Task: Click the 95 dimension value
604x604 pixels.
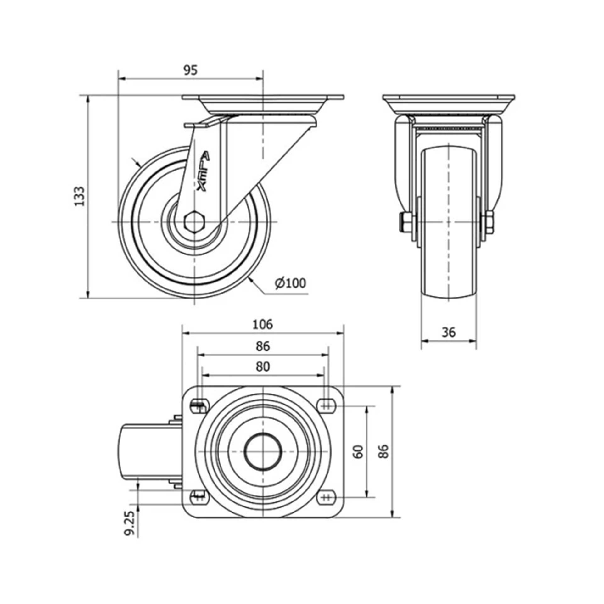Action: coord(191,70)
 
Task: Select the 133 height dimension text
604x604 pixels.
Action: coord(80,196)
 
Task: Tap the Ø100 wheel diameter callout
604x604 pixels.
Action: coord(290,283)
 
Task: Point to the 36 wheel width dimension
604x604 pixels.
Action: coord(448,332)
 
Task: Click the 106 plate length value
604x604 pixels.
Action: coord(263,324)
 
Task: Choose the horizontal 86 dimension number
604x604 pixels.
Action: coord(263,346)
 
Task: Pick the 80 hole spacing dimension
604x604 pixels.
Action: coord(263,367)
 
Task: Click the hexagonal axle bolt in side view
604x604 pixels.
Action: coord(195,222)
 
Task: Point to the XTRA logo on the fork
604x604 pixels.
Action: coord(203,172)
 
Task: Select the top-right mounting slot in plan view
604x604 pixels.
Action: coord(326,405)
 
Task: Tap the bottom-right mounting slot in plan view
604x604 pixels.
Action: coord(326,498)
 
